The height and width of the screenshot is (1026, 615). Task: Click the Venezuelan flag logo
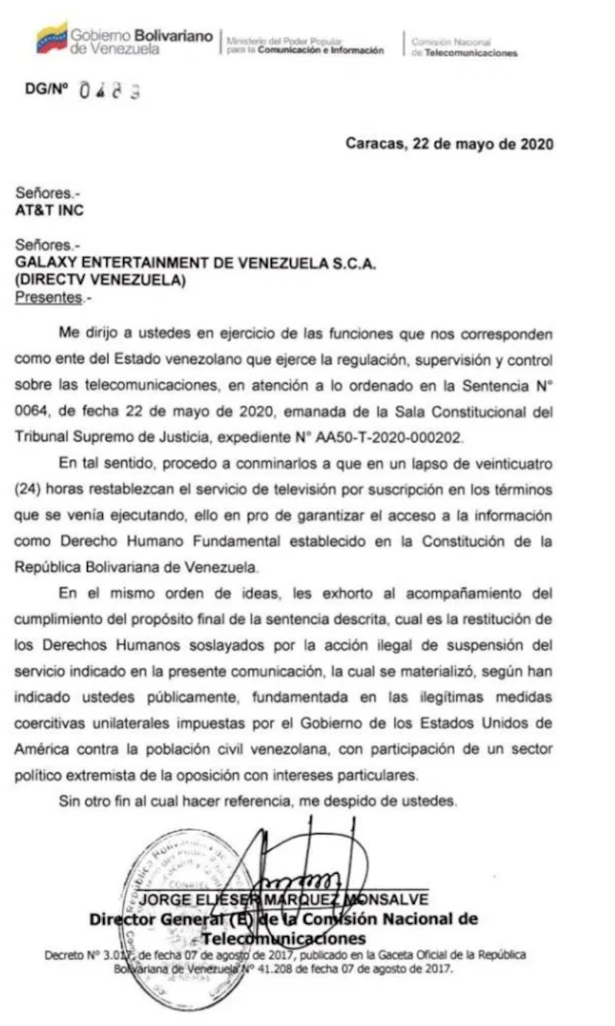52,39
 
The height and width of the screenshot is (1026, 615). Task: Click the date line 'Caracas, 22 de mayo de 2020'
449,144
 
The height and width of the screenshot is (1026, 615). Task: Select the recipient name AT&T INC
50,210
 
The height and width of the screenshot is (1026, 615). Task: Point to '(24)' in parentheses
29,491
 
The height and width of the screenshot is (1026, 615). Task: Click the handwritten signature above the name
307,861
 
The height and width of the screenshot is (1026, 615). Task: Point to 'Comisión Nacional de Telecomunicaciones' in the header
464,48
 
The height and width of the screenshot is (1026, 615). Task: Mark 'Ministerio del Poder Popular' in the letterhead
284,42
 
